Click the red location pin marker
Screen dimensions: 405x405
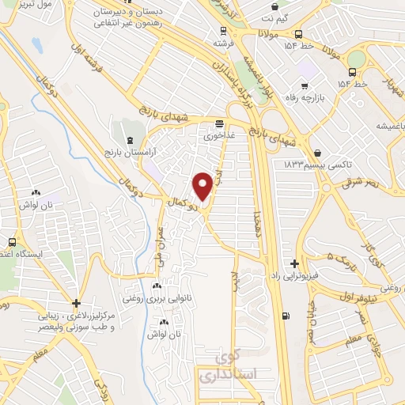202,187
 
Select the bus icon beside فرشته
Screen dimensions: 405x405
223,32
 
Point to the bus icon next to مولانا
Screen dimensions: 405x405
298,35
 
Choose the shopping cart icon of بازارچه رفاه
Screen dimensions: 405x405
304,86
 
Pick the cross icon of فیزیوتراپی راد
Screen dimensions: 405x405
294,263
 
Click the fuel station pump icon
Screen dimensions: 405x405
285,316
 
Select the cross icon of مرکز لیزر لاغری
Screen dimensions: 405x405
76,303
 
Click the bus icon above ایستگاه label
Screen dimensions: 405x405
12,243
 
